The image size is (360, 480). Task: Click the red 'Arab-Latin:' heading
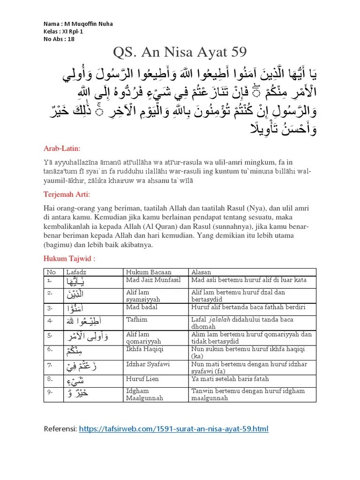coord(62,149)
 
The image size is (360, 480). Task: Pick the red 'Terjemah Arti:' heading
coord(67,194)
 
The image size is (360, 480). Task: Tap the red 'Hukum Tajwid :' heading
coord(67,258)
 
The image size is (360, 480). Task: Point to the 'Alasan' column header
coord(201,272)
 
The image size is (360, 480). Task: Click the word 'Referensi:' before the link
coord(60,429)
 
